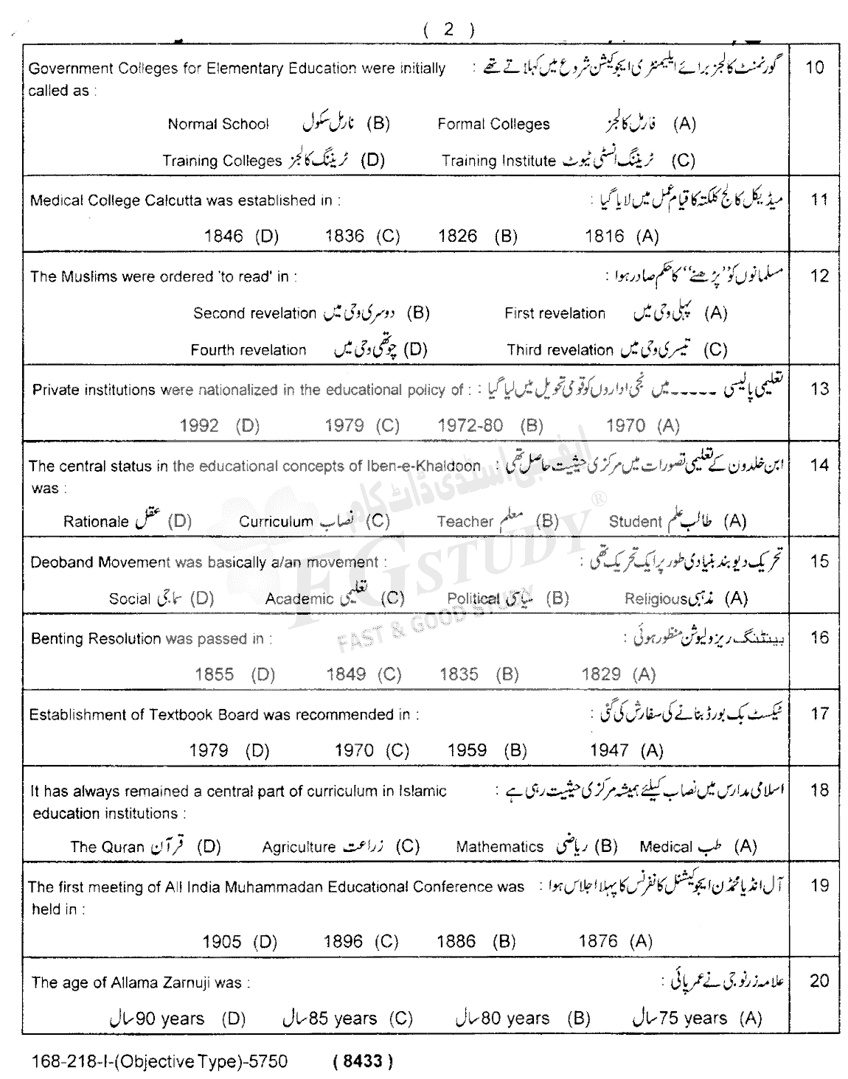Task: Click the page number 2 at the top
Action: coord(448,30)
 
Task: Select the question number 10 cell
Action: coord(814,68)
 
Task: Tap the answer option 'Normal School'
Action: coord(218,125)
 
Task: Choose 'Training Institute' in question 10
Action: coord(498,161)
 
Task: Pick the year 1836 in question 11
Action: coord(344,237)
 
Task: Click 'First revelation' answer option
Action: coord(555,313)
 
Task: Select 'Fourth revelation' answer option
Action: coord(248,350)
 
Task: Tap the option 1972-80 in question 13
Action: coord(470,426)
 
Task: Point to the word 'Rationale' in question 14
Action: coord(96,522)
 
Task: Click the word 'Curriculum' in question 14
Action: coord(276,522)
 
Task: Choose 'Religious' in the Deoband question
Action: coord(656,598)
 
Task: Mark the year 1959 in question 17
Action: coord(467,751)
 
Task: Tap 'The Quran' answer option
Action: coord(107,847)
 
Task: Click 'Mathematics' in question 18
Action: coord(499,847)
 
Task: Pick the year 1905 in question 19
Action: coord(221,943)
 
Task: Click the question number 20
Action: coord(819,982)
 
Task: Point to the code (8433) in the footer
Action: coord(362,1062)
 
